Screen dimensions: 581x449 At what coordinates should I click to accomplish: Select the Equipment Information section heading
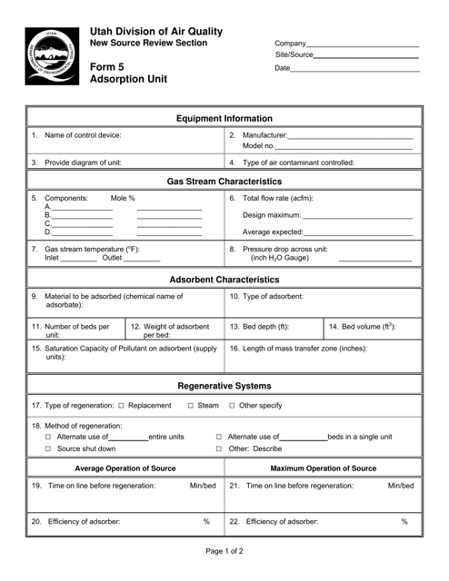224,118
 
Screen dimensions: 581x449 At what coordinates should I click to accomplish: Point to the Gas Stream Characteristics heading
224,182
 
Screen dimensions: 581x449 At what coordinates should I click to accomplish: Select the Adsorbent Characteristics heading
224,281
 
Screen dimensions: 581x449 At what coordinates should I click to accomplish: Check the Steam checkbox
190,406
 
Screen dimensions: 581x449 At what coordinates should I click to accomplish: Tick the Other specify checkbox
232,406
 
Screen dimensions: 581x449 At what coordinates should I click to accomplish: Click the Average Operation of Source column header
125,468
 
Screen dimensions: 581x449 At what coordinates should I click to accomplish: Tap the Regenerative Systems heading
224,385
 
